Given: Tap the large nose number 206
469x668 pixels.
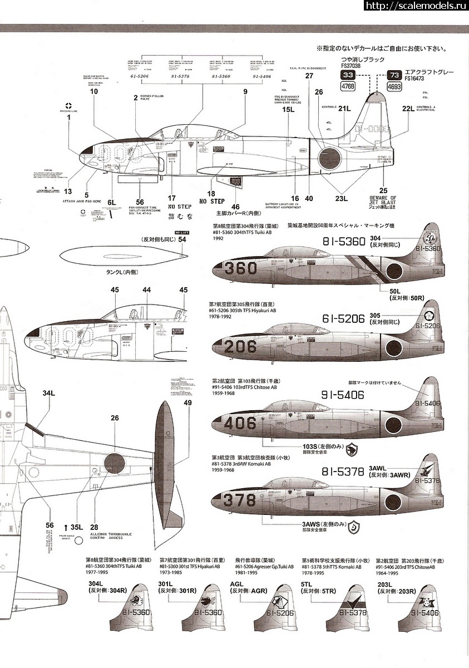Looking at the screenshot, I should (x=240, y=346).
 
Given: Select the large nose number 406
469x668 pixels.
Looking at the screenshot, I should (x=239, y=423).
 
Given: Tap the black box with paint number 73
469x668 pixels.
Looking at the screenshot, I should (x=394, y=75).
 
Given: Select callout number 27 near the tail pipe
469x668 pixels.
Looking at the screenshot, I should (x=309, y=76).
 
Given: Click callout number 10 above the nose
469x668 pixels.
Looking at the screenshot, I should (x=94, y=91).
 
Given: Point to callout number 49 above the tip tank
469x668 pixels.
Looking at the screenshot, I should (x=187, y=402).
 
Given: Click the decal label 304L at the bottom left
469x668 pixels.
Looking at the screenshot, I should (x=96, y=583).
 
